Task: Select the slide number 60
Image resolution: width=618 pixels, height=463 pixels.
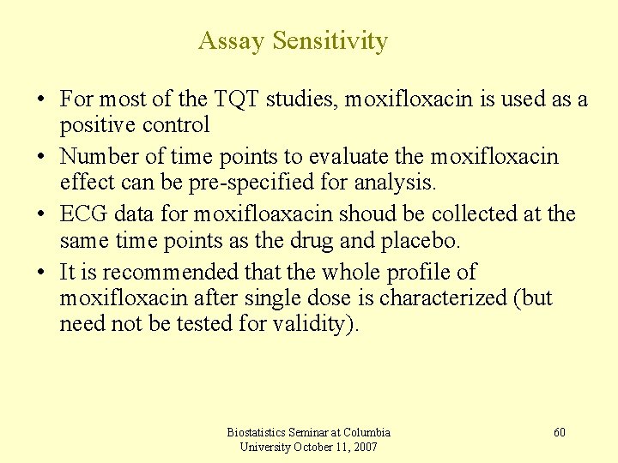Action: (560, 432)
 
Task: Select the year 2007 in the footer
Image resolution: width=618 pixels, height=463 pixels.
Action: (364, 447)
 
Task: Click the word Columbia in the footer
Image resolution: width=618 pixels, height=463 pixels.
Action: (367, 432)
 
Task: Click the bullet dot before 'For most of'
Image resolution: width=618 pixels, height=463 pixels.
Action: (40, 100)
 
